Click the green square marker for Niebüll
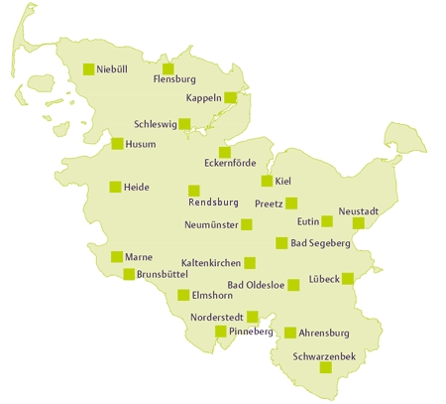pyautogui.click(x=89, y=69)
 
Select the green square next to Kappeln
pyautogui.click(x=231, y=97)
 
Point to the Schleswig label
pyautogui.click(x=156, y=126)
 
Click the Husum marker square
pyautogui.click(x=118, y=144)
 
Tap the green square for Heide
pyautogui.click(x=115, y=187)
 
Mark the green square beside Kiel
pyautogui.click(x=267, y=181)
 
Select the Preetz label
pyautogui.click(x=269, y=203)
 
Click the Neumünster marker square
pyautogui.click(x=247, y=224)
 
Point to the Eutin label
pyautogui.click(x=307, y=221)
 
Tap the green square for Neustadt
pyautogui.click(x=359, y=223)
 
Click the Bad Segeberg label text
pyautogui.click(x=320, y=243)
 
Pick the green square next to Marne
pyautogui.click(x=117, y=257)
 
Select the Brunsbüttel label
pyautogui.click(x=164, y=274)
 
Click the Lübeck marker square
pyautogui.click(x=348, y=279)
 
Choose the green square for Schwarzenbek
pyautogui.click(x=325, y=367)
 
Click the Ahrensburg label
pyautogui.click(x=325, y=333)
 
